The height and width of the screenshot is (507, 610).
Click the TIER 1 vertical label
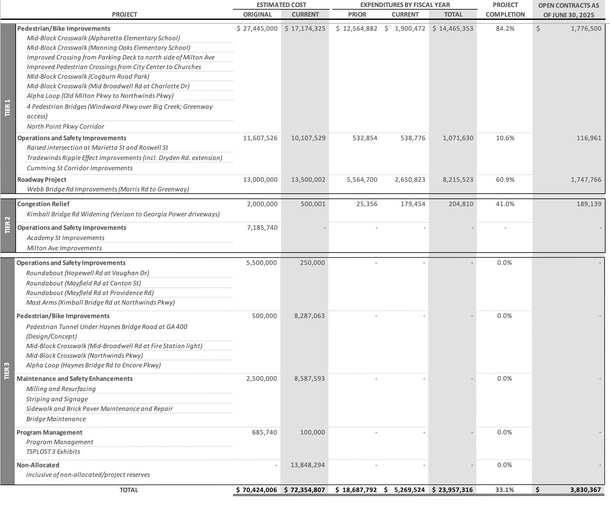coord(8,108)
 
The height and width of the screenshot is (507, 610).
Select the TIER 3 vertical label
coord(7,371)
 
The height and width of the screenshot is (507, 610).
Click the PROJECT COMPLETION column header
coord(505,10)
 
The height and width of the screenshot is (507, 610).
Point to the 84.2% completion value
coord(505,28)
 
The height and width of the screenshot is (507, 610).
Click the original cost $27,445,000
coord(257,28)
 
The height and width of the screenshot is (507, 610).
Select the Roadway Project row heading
coord(42,180)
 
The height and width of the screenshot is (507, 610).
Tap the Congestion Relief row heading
coord(43,204)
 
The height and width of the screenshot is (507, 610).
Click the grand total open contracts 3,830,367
coord(585,490)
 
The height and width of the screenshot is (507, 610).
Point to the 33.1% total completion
coord(504,490)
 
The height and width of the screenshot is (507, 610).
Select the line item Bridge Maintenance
coord(56,419)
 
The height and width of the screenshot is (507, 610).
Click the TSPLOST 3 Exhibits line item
coord(53,452)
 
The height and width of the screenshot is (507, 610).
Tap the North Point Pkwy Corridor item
coord(66,126)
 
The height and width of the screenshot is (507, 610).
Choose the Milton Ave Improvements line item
coord(64,248)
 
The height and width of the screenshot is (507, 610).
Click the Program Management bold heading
coord(49,432)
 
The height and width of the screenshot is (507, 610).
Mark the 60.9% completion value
coord(505,180)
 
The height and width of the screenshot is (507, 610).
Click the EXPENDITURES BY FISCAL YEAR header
coord(405,5)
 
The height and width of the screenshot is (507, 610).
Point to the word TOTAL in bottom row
coord(129,490)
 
